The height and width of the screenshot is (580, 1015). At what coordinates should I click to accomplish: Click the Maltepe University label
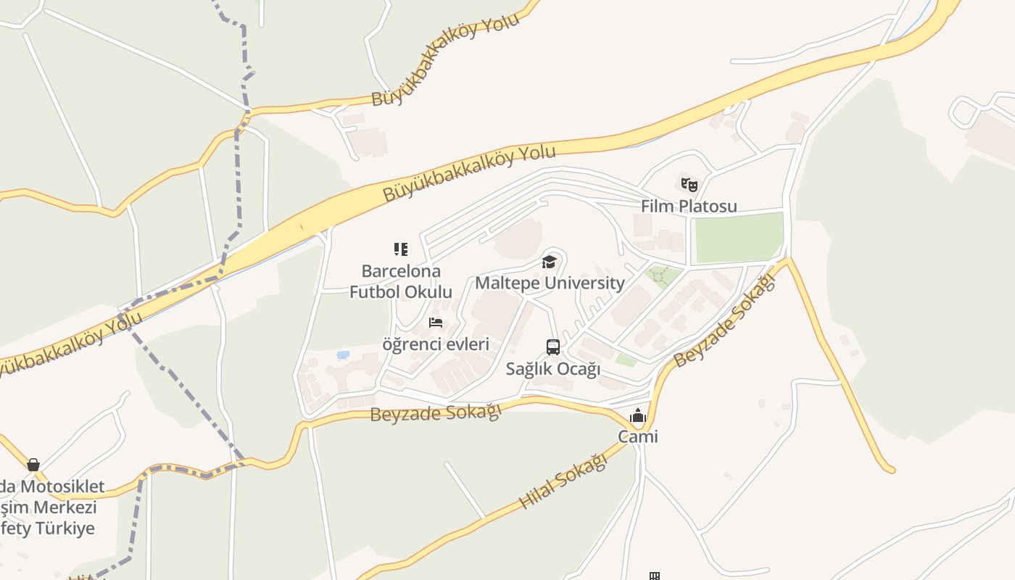[550, 283]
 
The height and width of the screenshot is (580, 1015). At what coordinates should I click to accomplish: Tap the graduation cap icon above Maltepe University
[549, 262]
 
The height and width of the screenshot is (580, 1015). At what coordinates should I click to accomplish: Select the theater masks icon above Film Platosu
[689, 185]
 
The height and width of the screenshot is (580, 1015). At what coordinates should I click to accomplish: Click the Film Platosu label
[689, 206]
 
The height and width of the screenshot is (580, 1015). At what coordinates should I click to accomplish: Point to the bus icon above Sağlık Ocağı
[553, 347]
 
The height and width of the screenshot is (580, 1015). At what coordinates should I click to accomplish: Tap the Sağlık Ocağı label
[553, 368]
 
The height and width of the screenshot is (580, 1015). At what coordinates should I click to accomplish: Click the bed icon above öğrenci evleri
[436, 323]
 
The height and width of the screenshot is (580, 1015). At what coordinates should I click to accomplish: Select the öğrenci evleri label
[436, 344]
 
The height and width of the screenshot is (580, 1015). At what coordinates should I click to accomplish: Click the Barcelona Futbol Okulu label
[401, 281]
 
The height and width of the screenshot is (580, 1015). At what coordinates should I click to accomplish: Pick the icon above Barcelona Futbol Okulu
[401, 249]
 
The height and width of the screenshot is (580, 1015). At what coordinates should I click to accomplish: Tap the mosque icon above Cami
[638, 415]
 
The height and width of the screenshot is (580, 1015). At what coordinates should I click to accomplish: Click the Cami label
[638, 436]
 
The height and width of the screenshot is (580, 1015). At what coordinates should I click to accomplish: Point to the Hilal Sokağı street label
[563, 481]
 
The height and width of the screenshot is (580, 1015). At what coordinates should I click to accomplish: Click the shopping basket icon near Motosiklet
[33, 465]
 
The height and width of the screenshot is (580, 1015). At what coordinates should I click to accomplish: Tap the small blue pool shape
[343, 355]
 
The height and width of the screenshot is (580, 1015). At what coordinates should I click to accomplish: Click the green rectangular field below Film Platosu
[739, 237]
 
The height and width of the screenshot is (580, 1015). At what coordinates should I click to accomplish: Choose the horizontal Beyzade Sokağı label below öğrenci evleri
[436, 413]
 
